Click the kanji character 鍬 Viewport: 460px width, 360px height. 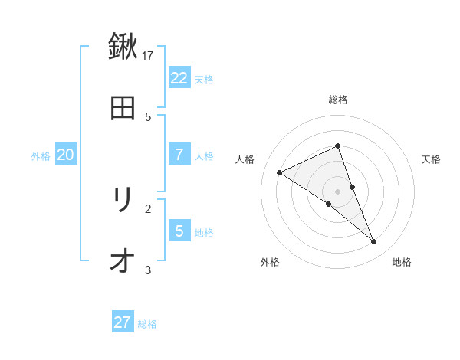(x=123, y=47)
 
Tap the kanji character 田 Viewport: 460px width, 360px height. (x=123, y=108)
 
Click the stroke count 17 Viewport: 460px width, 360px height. (x=148, y=55)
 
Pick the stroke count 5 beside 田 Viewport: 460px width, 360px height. (x=148, y=116)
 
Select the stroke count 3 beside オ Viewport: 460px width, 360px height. (x=148, y=270)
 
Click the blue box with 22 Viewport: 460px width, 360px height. (x=179, y=77)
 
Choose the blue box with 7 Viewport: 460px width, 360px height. (x=179, y=154)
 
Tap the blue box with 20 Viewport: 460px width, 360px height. (x=65, y=154)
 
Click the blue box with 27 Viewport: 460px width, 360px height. (x=123, y=322)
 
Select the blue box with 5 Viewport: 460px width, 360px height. (x=179, y=231)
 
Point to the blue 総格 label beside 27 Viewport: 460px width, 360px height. (x=147, y=324)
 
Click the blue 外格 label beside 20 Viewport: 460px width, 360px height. (x=41, y=155)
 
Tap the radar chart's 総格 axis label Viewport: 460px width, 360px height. (x=337, y=100)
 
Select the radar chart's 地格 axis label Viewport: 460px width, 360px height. (x=402, y=262)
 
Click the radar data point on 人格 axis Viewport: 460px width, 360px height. (x=280, y=172)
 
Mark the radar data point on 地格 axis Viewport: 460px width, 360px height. (x=374, y=242)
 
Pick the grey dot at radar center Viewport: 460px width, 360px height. (x=337, y=191)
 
